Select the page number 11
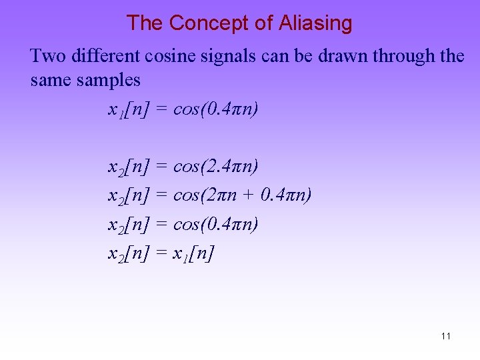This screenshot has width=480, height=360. click(445, 336)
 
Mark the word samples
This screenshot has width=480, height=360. click(109, 81)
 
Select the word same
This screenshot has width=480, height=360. click(51, 81)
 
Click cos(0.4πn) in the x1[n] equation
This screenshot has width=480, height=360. click(215, 109)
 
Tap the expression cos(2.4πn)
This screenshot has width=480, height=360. click(215, 165)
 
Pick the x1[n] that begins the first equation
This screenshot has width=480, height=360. click(128, 109)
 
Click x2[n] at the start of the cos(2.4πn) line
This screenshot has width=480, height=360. click(128, 165)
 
